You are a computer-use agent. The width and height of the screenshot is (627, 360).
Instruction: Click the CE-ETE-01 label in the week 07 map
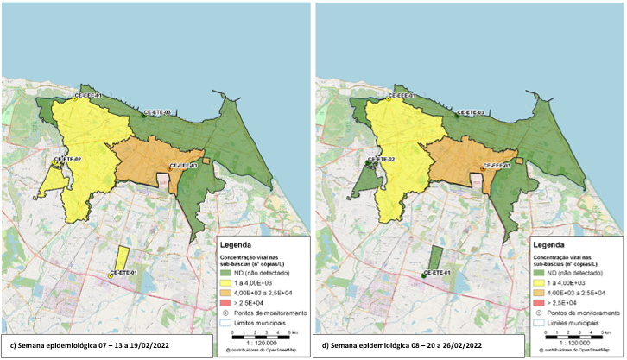click(x=124, y=271)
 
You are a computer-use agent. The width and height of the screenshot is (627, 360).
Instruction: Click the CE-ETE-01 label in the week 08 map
click(x=438, y=271)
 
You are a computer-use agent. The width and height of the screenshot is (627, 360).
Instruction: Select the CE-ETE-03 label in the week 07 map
click(x=157, y=111)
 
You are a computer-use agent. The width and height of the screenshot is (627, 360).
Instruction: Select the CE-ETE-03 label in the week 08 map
click(x=471, y=111)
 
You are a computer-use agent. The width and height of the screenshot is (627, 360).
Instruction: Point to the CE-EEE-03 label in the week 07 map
click(x=182, y=165)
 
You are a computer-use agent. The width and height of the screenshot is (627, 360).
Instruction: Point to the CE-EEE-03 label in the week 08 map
click(x=496, y=165)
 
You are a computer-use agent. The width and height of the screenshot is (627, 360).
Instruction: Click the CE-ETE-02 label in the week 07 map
click(x=66, y=159)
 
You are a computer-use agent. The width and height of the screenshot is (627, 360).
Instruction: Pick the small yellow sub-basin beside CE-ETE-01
click(x=122, y=259)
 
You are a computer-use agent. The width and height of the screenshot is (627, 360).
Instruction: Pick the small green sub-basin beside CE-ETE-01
click(x=435, y=259)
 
